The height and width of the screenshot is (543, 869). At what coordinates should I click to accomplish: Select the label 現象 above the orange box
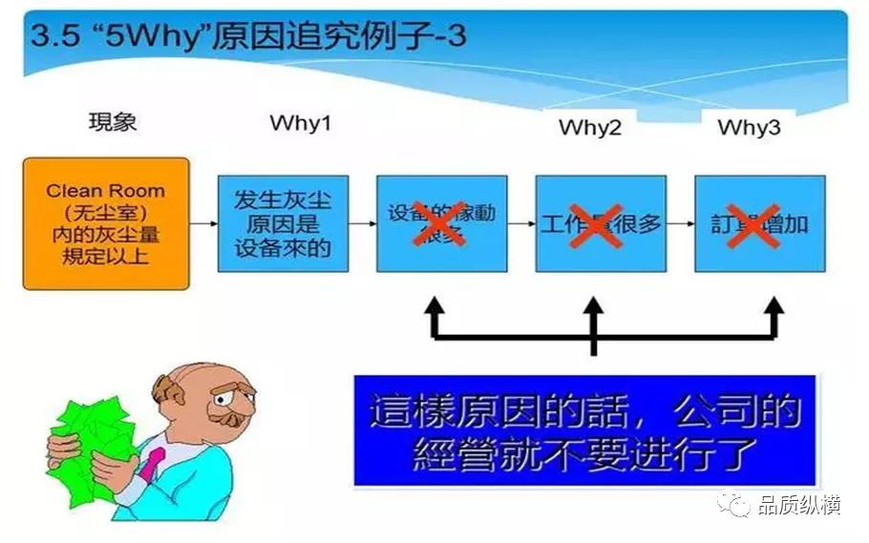(114, 122)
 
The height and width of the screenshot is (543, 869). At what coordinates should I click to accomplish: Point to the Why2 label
(589, 128)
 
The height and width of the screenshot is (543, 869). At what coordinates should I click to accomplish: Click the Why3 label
(755, 128)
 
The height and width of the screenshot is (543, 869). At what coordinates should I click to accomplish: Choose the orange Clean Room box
(106, 224)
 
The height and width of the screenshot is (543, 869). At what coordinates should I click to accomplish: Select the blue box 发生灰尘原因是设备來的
(283, 224)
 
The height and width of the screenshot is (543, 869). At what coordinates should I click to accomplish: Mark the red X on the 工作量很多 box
(596, 225)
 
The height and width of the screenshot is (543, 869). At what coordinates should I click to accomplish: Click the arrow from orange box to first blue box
(203, 224)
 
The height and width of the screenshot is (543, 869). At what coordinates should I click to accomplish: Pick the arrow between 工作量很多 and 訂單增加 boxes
(678, 224)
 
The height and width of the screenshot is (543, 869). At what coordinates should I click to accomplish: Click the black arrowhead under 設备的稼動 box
(434, 307)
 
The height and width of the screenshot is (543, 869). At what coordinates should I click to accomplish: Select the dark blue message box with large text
(583, 430)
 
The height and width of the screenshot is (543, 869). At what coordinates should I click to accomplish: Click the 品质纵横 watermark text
(798, 506)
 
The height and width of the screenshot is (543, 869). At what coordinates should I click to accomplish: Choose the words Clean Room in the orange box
(105, 191)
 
